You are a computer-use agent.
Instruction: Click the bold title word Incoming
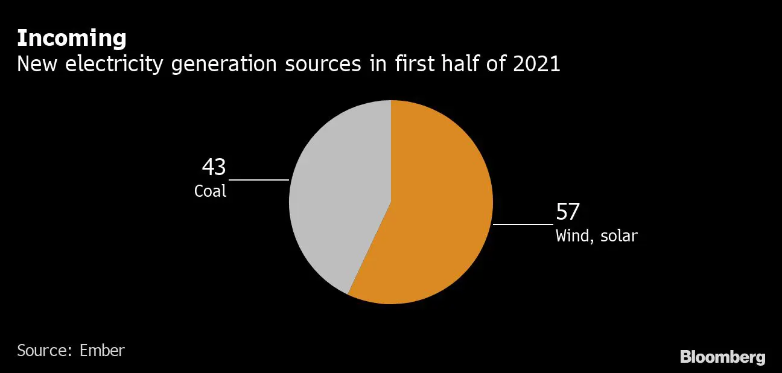[x=71, y=39]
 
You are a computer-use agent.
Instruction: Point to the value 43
[x=214, y=167]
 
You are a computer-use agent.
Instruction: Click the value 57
[x=568, y=212]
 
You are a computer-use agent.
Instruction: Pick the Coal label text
[x=210, y=191]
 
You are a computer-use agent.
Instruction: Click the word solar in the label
[x=618, y=235]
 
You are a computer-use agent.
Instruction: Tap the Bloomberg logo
[x=722, y=357]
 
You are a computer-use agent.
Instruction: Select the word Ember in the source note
[x=102, y=351]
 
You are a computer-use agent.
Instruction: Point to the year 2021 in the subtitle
[x=536, y=64]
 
